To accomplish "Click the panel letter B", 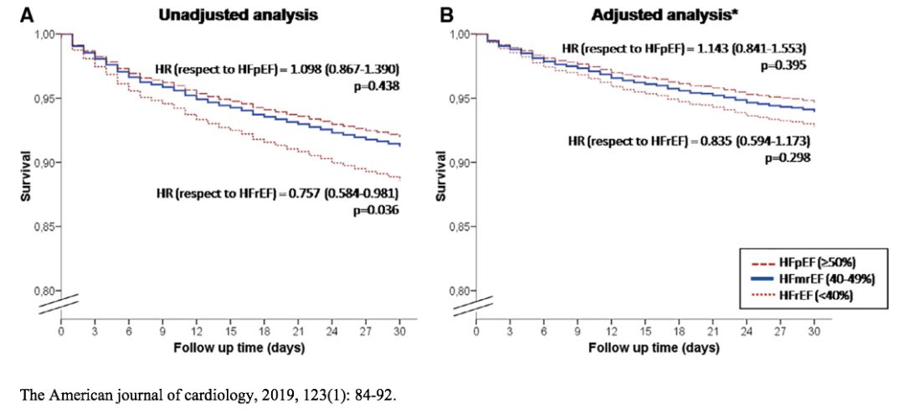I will pyautogui.click(x=448, y=14).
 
